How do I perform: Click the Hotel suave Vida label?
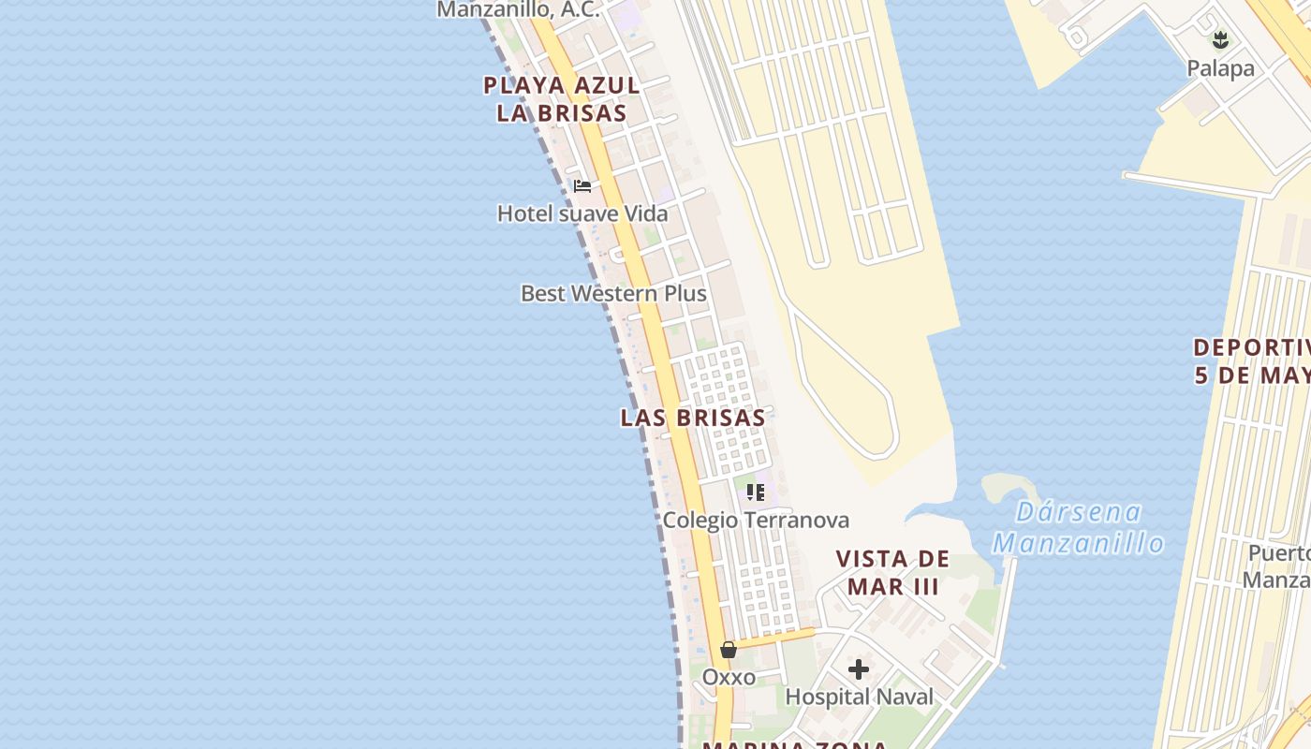click(x=582, y=213)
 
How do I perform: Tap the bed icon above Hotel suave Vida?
click(x=582, y=185)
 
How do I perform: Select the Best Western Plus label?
click(x=613, y=293)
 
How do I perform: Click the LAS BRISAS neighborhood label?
click(x=693, y=418)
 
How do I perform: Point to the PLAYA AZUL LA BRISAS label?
click(x=562, y=99)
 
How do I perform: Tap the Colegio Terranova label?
click(x=756, y=520)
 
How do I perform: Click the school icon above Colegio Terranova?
click(x=756, y=492)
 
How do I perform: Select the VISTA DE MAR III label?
click(x=892, y=573)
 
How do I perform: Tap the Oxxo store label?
click(x=729, y=676)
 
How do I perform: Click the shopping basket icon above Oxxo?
click(x=729, y=649)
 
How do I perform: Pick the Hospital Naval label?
click(x=859, y=697)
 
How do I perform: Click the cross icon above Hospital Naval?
click(x=859, y=669)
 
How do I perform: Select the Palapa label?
click(x=1220, y=68)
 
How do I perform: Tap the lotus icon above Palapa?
click(x=1220, y=40)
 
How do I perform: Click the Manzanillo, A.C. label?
click(x=518, y=10)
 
